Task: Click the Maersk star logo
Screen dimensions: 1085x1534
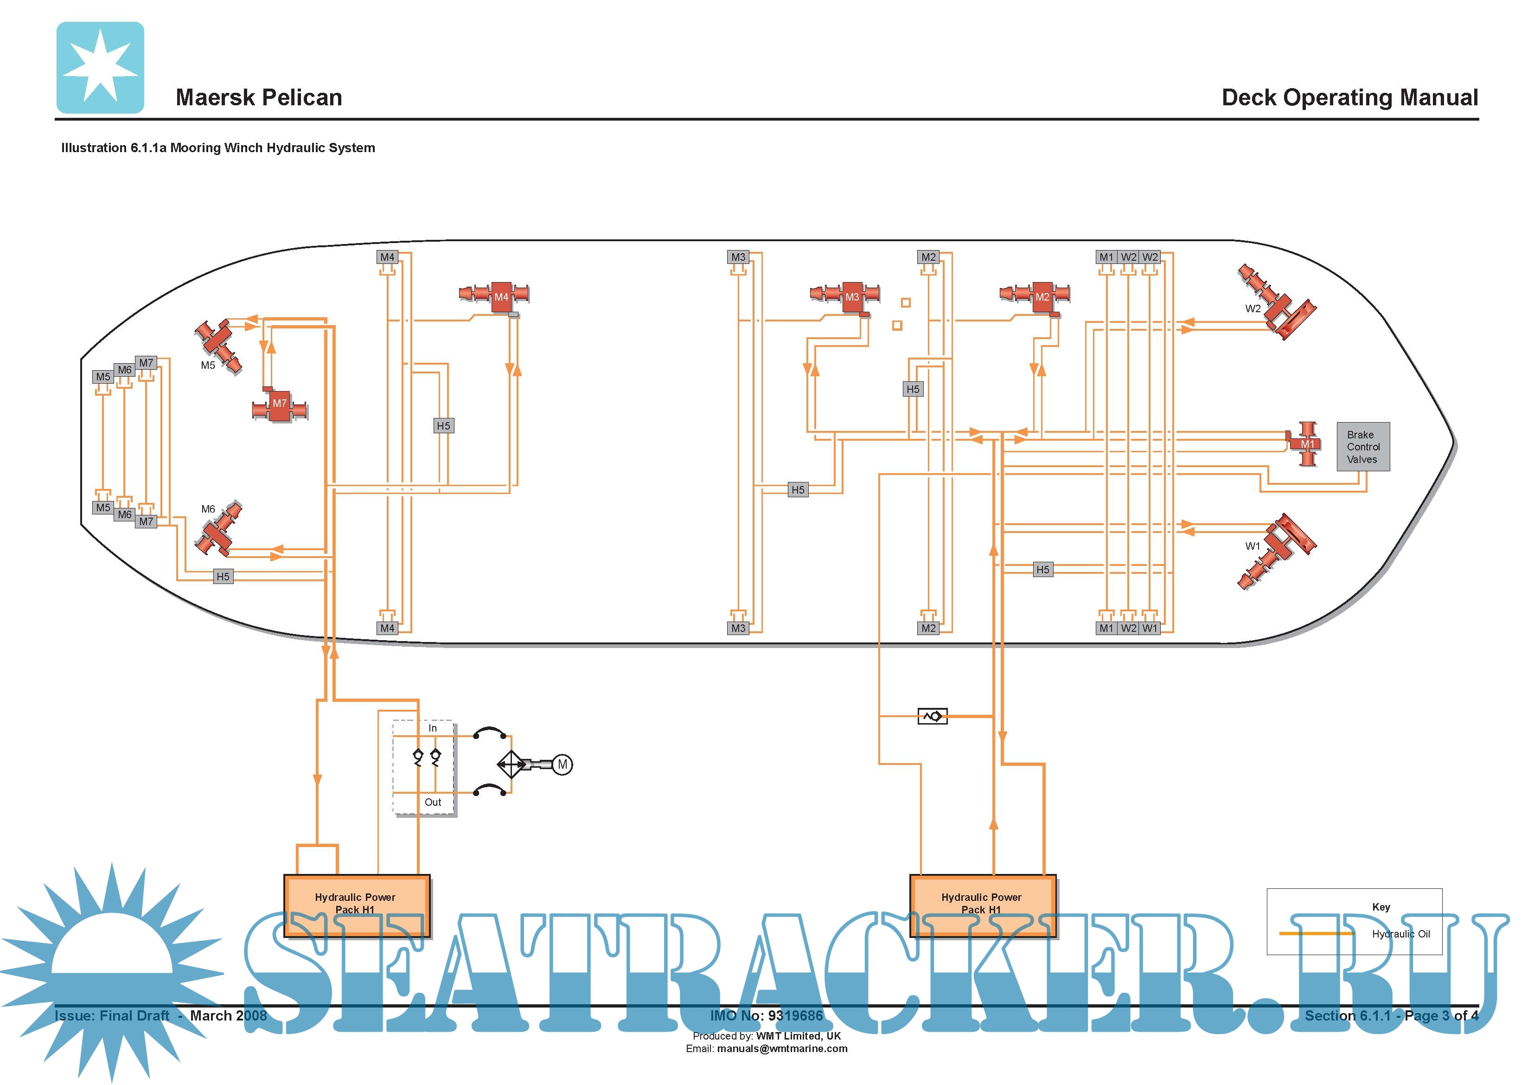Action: click(100, 68)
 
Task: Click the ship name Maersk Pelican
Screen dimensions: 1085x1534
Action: click(259, 97)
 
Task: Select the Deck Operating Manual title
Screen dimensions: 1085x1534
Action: click(1349, 97)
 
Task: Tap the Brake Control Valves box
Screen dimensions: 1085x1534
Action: click(1362, 447)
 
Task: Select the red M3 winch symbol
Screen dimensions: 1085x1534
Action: click(847, 295)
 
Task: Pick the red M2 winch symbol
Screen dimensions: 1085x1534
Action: click(1038, 295)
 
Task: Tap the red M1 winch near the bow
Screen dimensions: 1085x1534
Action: click(1306, 444)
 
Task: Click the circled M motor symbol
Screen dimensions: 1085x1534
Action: click(562, 764)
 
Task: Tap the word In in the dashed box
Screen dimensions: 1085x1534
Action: click(432, 728)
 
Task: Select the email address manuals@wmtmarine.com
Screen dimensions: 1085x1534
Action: click(782, 1049)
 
